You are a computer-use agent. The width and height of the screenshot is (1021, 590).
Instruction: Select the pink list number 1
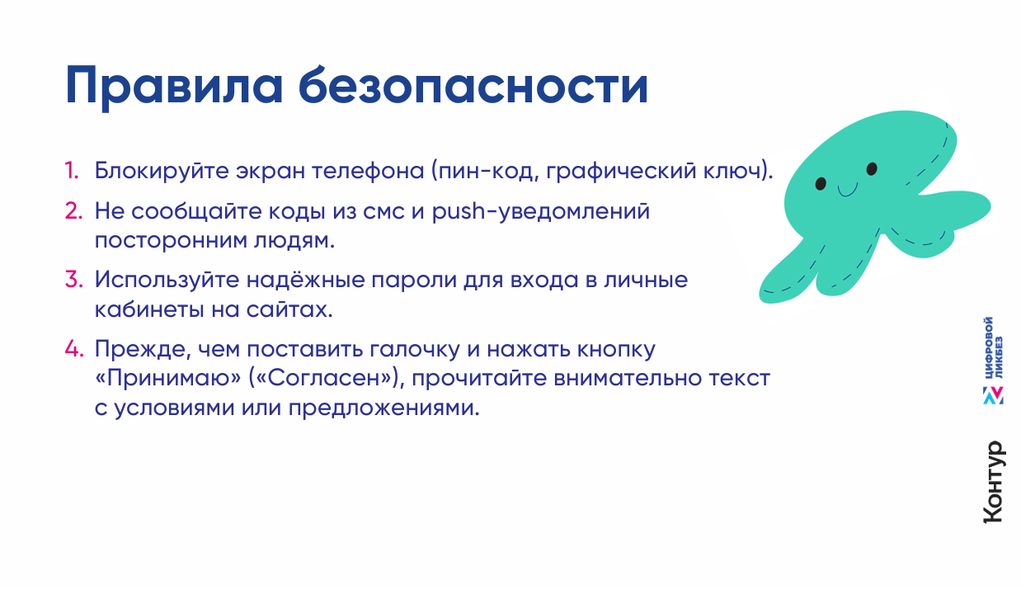[x=72, y=171]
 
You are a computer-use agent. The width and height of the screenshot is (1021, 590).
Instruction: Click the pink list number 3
[x=74, y=279]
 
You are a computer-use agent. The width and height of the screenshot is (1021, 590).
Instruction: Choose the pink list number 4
[x=74, y=348]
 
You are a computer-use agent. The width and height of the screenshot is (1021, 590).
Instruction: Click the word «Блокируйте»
[x=162, y=172]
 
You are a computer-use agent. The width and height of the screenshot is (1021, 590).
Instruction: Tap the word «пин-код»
[x=484, y=172]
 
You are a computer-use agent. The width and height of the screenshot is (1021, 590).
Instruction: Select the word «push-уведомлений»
[x=540, y=212]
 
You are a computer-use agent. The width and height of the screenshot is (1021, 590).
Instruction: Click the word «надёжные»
[x=306, y=280]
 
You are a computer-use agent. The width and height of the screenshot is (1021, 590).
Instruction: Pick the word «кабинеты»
[x=149, y=309]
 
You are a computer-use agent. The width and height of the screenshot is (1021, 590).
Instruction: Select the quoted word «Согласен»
[x=327, y=379]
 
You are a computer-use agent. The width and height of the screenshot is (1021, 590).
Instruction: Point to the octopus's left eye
[x=821, y=184]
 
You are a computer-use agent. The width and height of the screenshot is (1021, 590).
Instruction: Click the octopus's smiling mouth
[x=847, y=190]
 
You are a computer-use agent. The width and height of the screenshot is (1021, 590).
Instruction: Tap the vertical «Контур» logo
[x=994, y=482]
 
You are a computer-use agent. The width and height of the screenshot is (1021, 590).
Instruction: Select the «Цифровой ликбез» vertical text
[x=993, y=347]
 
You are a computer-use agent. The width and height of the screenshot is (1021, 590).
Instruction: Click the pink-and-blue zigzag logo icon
[x=993, y=395]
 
